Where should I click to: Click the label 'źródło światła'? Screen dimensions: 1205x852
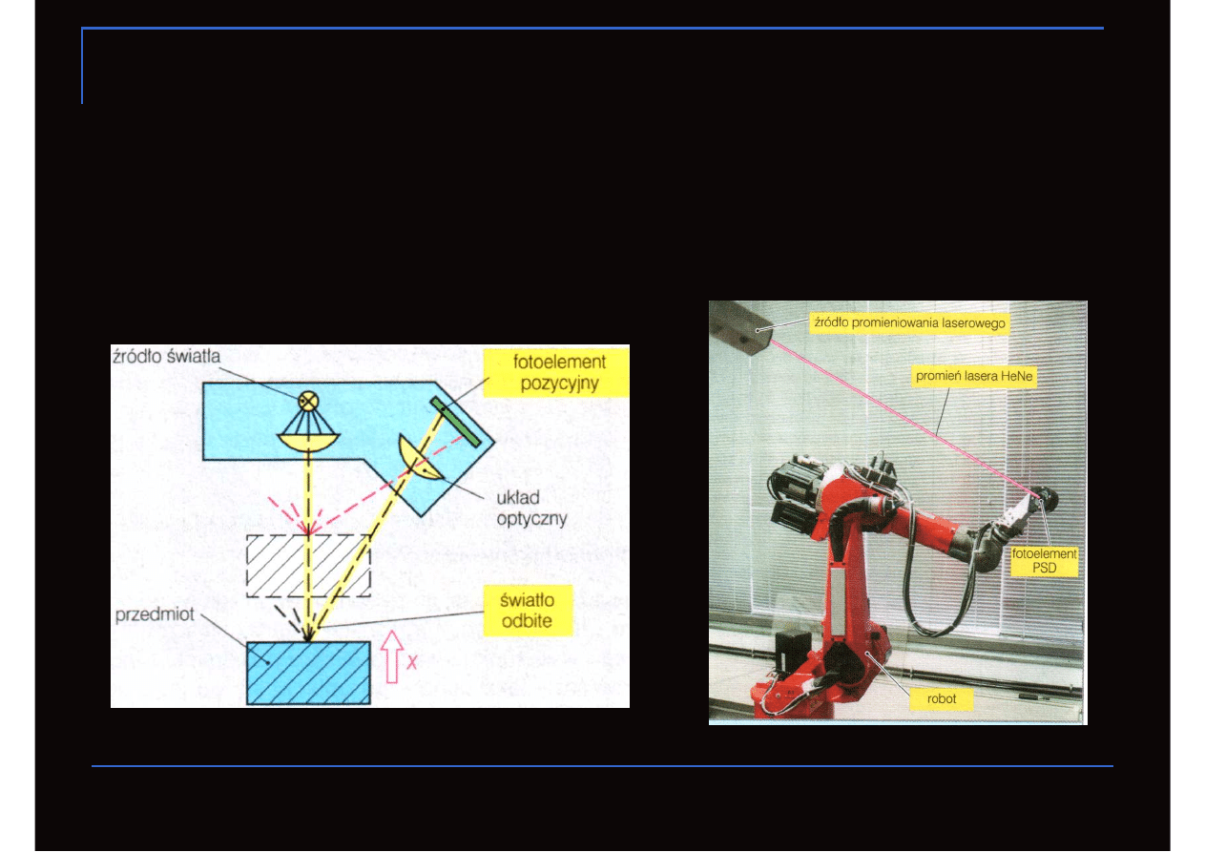tap(166, 357)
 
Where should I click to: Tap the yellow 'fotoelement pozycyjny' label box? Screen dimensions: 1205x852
tap(556, 373)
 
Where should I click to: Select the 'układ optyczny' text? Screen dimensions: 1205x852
tap(531, 508)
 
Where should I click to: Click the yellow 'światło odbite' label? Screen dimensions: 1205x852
tap(528, 611)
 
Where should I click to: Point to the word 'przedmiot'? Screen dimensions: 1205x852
tap(155, 614)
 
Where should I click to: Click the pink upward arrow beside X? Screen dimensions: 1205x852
tap(392, 656)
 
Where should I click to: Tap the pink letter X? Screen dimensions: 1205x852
tap(412, 662)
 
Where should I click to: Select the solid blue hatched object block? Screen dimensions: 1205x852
tap(308, 673)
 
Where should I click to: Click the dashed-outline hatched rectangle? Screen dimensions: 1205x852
tap(308, 566)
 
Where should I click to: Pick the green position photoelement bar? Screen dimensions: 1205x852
tap(455, 423)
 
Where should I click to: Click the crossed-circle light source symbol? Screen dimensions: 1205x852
tap(308, 402)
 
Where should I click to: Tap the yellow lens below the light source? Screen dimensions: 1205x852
tap(308, 442)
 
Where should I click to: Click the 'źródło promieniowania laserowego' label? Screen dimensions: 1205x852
tap(909, 323)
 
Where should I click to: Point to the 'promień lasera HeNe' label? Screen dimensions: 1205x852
tap(974, 376)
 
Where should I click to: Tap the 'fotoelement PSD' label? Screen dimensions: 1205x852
tap(1044, 561)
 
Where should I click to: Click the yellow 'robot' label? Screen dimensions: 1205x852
tap(942, 698)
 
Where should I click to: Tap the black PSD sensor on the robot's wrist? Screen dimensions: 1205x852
tap(1047, 499)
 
